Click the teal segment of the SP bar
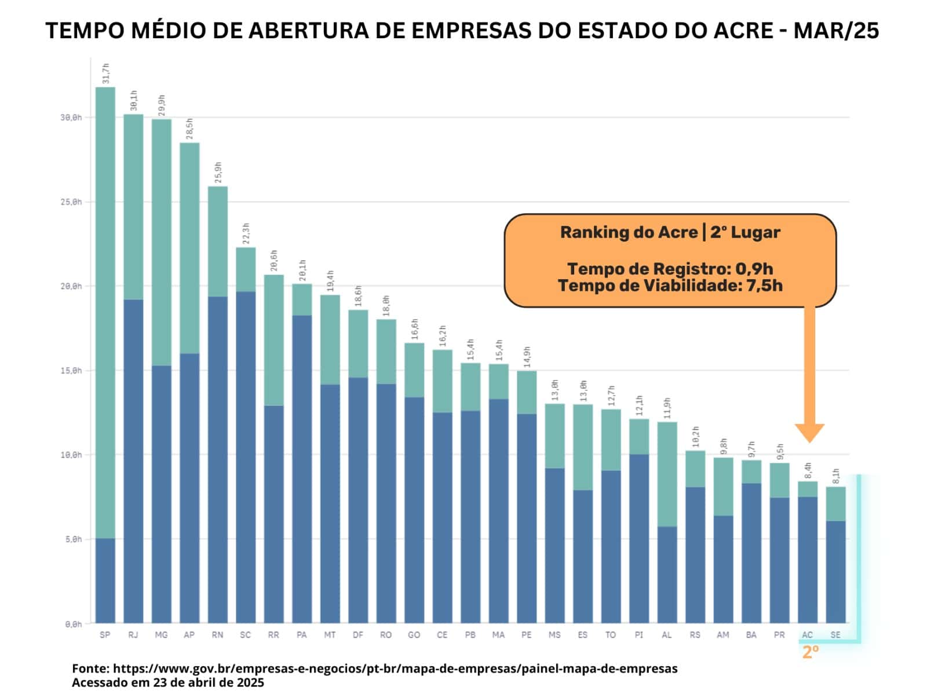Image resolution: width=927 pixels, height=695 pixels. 105,313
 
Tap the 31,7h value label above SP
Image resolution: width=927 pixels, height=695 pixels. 105,74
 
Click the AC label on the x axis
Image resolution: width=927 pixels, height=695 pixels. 807,635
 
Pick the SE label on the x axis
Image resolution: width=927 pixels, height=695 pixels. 835,635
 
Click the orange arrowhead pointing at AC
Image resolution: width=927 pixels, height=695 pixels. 809,432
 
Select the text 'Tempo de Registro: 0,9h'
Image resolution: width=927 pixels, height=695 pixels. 670,269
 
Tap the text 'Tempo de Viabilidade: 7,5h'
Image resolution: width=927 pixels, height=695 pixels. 670,286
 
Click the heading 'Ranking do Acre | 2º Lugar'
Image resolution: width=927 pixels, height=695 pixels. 670,232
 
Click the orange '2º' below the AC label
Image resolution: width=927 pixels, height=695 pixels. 811,652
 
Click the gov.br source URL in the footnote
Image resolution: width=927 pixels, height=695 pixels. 395,668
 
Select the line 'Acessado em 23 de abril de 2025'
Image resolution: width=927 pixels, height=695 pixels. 168,682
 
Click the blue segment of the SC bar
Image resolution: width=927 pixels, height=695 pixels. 246,457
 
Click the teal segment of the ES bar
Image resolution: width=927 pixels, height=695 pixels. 583,447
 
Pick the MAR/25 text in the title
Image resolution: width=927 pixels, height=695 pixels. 836,31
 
